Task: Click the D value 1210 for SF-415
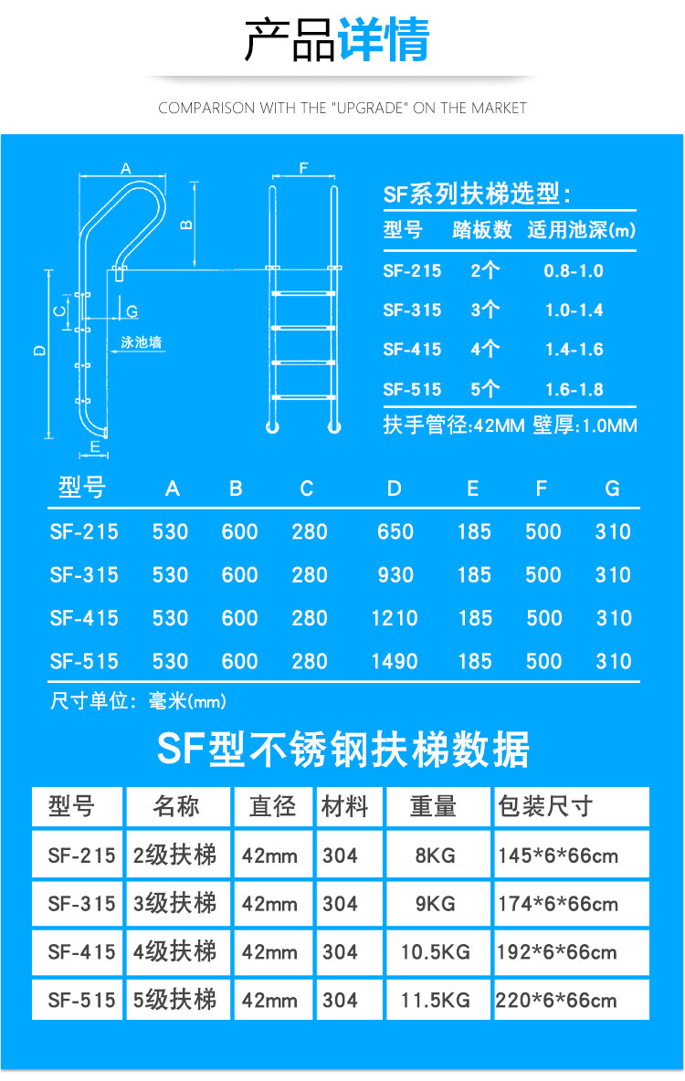(x=395, y=618)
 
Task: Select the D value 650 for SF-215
(x=395, y=531)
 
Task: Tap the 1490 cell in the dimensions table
(x=395, y=661)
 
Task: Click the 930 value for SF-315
(x=395, y=575)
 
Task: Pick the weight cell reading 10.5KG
(x=436, y=952)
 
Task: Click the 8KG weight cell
(x=436, y=856)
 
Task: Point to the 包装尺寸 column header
(x=545, y=807)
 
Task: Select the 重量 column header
(x=433, y=807)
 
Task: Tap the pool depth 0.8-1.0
(x=574, y=271)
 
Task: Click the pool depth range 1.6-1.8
(x=574, y=389)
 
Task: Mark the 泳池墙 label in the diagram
(x=142, y=343)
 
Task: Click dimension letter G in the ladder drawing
(x=132, y=312)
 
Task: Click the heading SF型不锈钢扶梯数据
(x=342, y=750)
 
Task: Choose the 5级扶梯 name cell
(x=175, y=1001)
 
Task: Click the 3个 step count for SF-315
(x=485, y=310)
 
